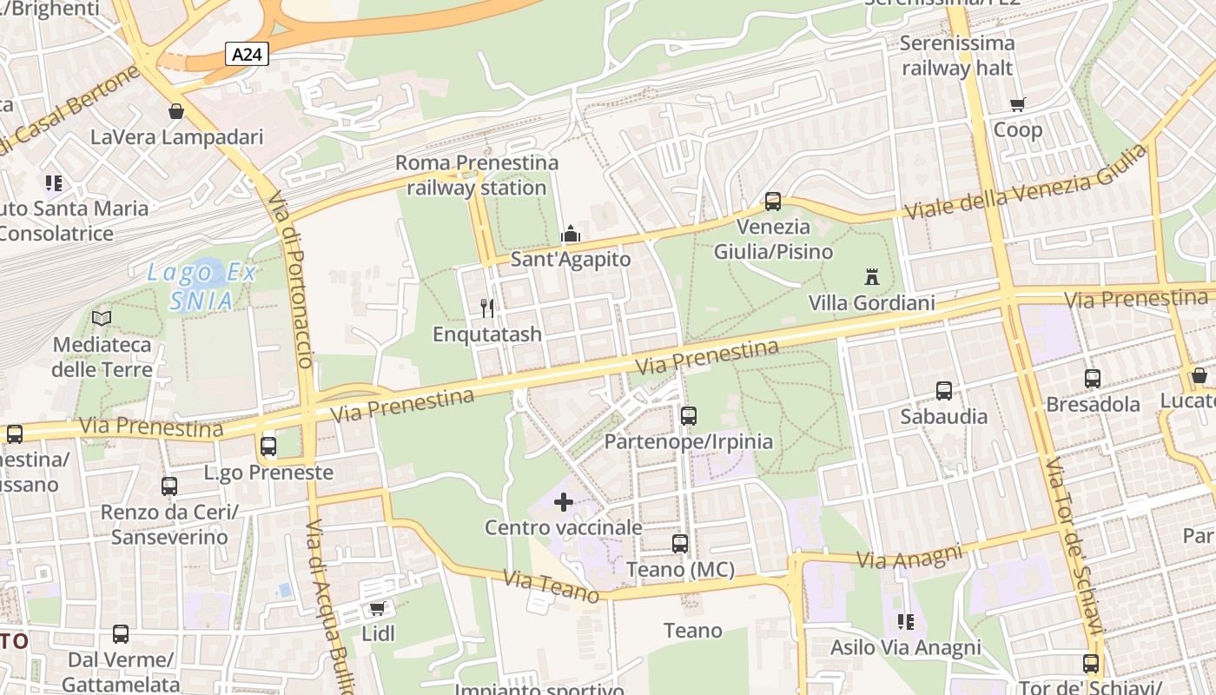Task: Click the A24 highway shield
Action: pos(248,55)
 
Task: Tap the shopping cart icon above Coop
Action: pos(1017,105)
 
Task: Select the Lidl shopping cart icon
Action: pos(377,608)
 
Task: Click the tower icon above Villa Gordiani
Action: pos(871,277)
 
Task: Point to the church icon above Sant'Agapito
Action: pos(571,234)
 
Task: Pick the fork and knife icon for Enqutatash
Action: pos(487,308)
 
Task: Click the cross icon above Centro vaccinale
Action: pos(564,501)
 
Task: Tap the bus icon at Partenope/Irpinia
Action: pos(689,415)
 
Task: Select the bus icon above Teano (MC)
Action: pos(680,544)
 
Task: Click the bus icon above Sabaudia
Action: pos(944,391)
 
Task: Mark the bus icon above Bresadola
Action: pos(1093,379)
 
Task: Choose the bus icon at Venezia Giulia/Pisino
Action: pos(773,202)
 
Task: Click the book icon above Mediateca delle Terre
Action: pos(102,318)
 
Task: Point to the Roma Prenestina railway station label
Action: pos(477,175)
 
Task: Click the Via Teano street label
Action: pos(551,586)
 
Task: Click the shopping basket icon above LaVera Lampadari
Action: pos(176,111)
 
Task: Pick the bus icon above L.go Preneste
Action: pos(268,447)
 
